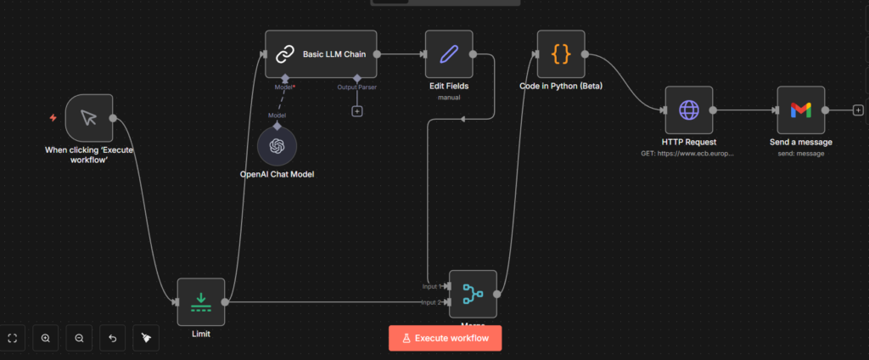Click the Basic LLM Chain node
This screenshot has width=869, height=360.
pyautogui.click(x=321, y=54)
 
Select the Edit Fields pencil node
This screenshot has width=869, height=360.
pyautogui.click(x=448, y=54)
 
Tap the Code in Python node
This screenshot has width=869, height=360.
pyautogui.click(x=561, y=54)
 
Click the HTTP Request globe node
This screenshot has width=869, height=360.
pyautogui.click(x=688, y=110)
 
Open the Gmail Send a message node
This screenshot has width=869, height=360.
pyautogui.click(x=800, y=110)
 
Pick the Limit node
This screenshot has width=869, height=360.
pyautogui.click(x=201, y=301)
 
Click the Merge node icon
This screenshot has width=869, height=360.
pyautogui.click(x=472, y=294)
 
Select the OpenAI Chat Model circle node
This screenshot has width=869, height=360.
pyautogui.click(x=277, y=145)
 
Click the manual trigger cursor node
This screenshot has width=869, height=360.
pyautogui.click(x=89, y=118)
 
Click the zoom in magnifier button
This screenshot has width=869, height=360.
pyautogui.click(x=46, y=338)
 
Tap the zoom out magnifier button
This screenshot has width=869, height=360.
pyautogui.click(x=79, y=338)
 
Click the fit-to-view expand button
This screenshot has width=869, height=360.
pyautogui.click(x=13, y=338)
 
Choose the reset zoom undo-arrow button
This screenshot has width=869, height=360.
pyautogui.click(x=113, y=338)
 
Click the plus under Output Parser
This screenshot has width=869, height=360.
pyautogui.click(x=357, y=111)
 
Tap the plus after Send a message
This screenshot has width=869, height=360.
pyautogui.click(x=858, y=110)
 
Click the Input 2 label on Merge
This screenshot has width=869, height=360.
pyautogui.click(x=431, y=302)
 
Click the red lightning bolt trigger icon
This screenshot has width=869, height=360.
pyautogui.click(x=53, y=118)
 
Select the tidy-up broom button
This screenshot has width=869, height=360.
pyautogui.click(x=146, y=338)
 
